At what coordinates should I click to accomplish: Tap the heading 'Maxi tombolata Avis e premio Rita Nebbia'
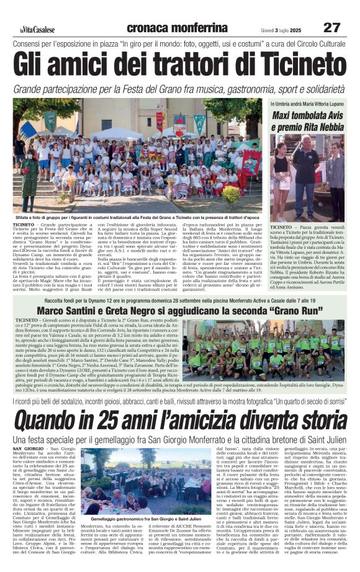(307, 120)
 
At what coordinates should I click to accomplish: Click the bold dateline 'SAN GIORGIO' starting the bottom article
(29, 448)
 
